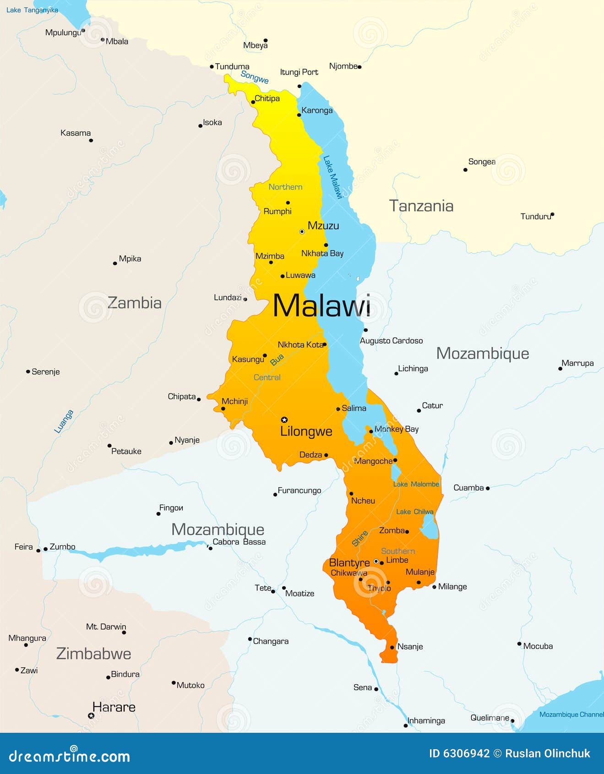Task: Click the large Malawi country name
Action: pyautogui.click(x=321, y=306)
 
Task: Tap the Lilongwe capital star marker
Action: pyautogui.click(x=284, y=420)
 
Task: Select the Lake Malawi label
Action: pyautogui.click(x=333, y=177)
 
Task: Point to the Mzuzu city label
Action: pyautogui.click(x=323, y=225)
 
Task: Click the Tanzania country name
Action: pyautogui.click(x=421, y=206)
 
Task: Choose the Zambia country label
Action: pyautogui.click(x=134, y=303)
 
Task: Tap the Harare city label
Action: pyautogui.click(x=114, y=707)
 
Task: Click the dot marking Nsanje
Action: pyautogui.click(x=392, y=647)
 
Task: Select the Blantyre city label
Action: pyautogui.click(x=349, y=562)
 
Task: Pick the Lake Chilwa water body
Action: pyautogui.click(x=429, y=527)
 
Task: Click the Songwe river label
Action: pyautogui.click(x=255, y=77)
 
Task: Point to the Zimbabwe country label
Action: pyautogui.click(x=93, y=654)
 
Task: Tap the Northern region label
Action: pyautogui.click(x=285, y=187)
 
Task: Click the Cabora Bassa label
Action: pyautogui.click(x=239, y=542)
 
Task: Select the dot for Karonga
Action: pyautogui.click(x=299, y=114)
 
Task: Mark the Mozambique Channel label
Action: pyautogui.click(x=571, y=714)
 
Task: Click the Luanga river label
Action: pyautogui.click(x=64, y=421)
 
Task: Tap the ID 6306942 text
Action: pyautogui.click(x=459, y=753)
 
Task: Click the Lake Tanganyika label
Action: pyautogui.click(x=32, y=10)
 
